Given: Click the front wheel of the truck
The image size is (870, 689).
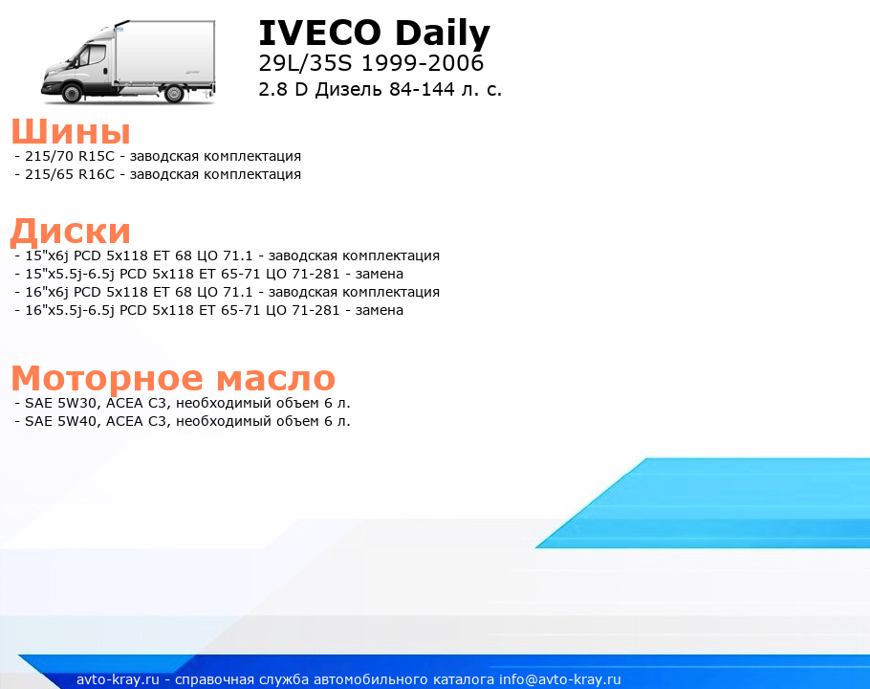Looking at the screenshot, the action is point(72,93).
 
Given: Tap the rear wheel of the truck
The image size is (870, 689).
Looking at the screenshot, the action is point(174,93).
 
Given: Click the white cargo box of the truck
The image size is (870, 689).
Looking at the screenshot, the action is point(164,53).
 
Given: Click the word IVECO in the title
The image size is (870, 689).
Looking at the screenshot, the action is point(320,33).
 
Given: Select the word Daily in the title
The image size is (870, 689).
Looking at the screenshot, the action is point(443,33).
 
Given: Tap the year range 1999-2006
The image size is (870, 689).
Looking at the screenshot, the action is point(423,63).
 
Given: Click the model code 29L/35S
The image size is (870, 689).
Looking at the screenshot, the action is point(305,63).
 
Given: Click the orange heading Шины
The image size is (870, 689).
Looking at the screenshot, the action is point(71,132).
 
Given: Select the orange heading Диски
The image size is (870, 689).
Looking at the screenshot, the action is point(71,231).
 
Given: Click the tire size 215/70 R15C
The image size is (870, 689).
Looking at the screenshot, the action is point(70,156).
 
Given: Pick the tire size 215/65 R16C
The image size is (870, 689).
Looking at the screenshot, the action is point(70,174).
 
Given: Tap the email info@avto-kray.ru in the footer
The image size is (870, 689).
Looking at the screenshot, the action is point(560,679).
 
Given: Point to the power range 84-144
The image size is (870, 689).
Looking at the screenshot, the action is point(423,89).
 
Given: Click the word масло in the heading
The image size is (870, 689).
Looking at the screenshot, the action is point(275,378).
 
